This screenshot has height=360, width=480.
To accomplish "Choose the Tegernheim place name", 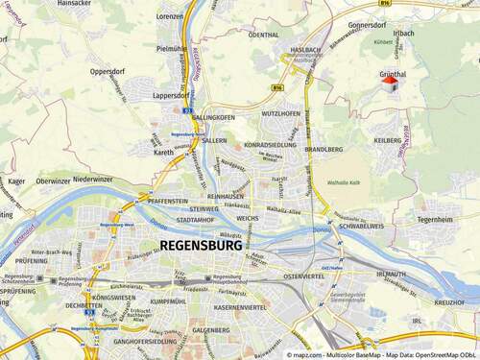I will click(x=435, y=219).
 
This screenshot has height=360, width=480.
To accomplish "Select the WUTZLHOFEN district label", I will click(x=281, y=114).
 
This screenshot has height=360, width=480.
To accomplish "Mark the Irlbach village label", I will click(x=404, y=34).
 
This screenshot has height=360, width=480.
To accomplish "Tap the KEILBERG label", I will click(x=388, y=140).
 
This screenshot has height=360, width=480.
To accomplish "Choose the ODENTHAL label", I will click(x=263, y=35).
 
